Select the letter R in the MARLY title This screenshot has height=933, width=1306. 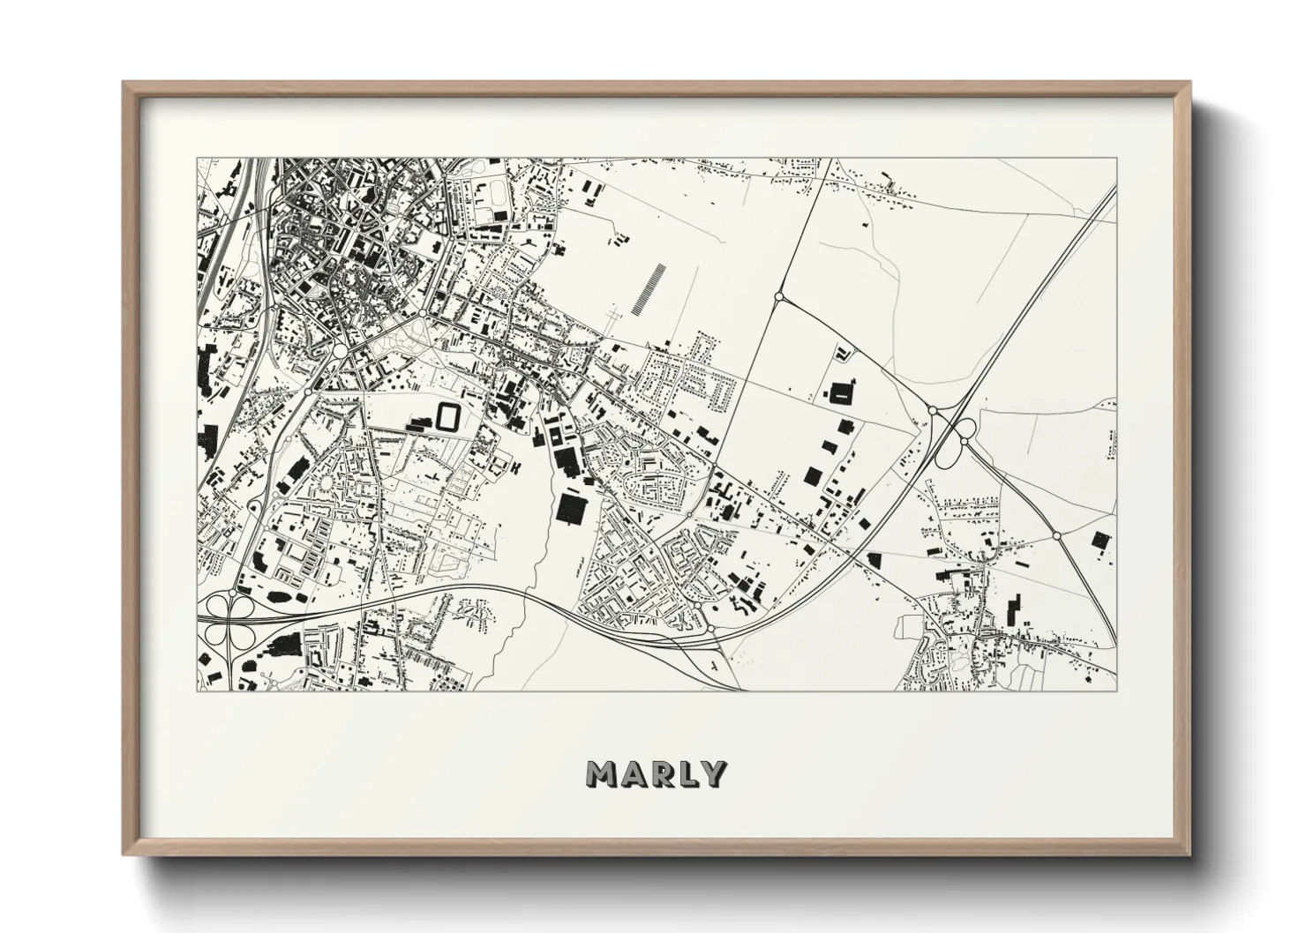[660, 773]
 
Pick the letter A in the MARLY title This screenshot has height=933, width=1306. [632, 773]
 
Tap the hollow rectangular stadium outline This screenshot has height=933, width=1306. [448, 416]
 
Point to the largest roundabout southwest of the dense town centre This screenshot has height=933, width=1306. [340, 351]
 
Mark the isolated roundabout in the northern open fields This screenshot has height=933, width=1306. [778, 298]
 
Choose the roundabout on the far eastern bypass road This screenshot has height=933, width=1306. [1057, 535]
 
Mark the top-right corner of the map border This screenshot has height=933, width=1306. [1115, 159]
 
